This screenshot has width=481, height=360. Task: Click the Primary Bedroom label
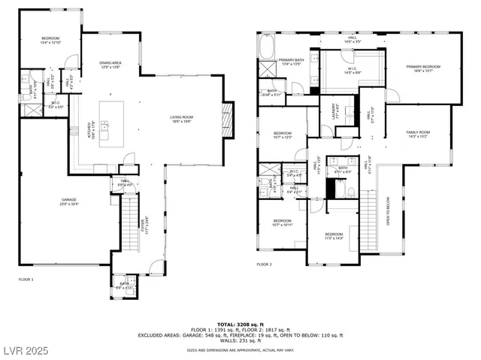pyautogui.click(x=423, y=68)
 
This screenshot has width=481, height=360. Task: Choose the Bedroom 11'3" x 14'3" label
pyautogui.click(x=334, y=235)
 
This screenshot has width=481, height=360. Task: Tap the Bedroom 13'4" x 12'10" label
pyautogui.click(x=50, y=40)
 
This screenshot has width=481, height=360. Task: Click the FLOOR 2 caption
pyautogui.click(x=264, y=265)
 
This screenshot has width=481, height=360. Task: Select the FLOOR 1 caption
pyautogui.click(x=26, y=280)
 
